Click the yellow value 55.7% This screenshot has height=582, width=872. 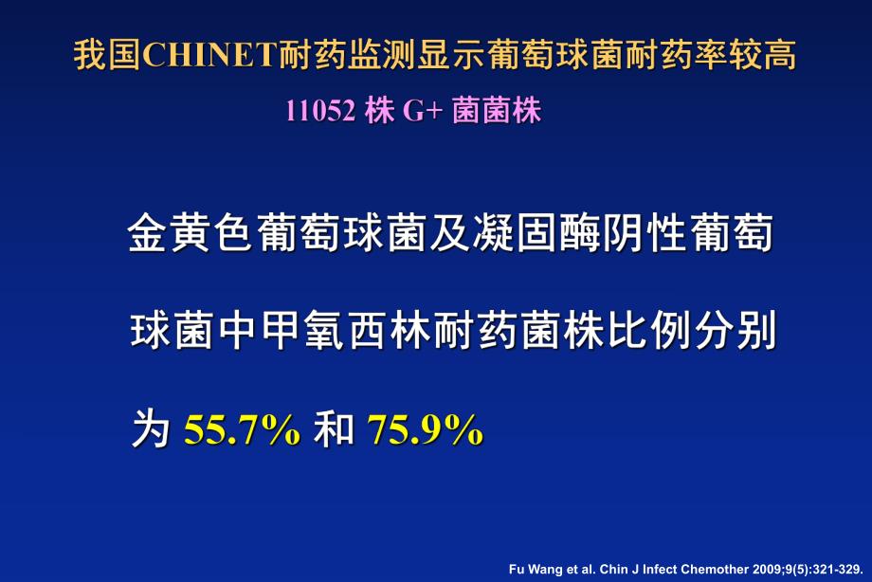(x=243, y=430)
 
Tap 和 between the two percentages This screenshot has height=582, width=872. (x=333, y=430)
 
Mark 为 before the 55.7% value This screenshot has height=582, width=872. (x=151, y=430)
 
